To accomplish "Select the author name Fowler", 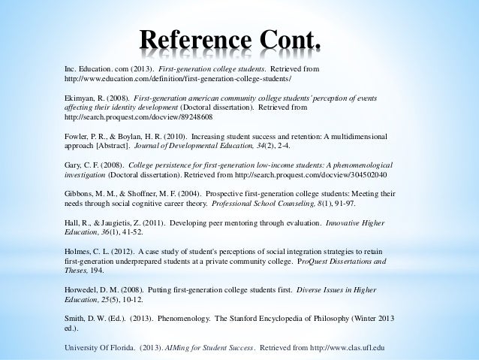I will (x=78, y=140).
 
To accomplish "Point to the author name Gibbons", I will (x=80, y=193).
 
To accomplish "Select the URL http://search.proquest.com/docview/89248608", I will (x=139, y=118).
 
